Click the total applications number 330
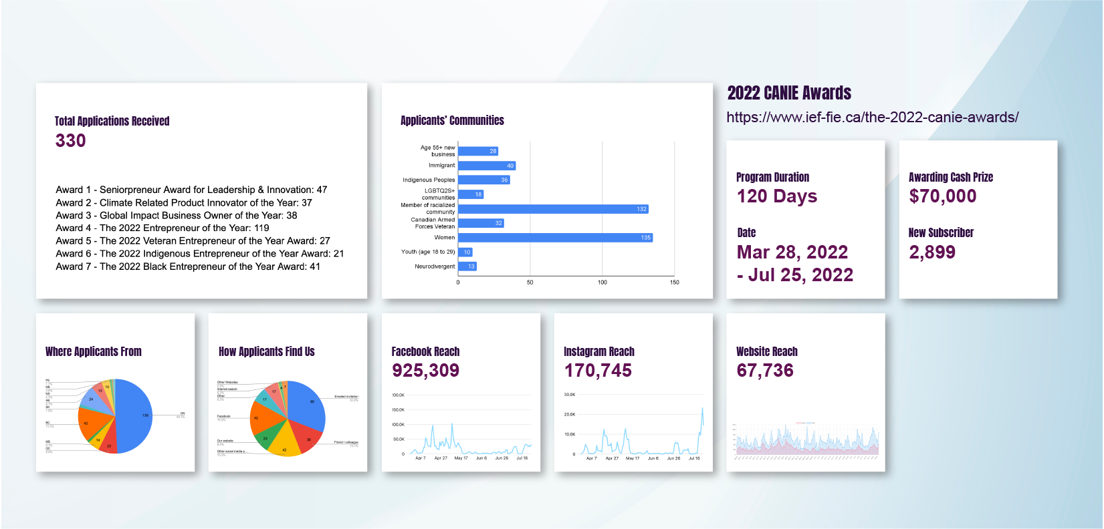click(70, 141)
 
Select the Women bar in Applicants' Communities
click(555, 238)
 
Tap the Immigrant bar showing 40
click(487, 166)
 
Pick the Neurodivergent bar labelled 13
click(467, 267)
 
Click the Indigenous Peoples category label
click(429, 180)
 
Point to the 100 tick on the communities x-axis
click(602, 283)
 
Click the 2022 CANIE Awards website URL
click(872, 118)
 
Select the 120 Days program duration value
click(777, 196)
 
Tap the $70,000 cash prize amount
click(942, 196)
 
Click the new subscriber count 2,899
click(931, 252)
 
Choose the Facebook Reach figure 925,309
click(425, 371)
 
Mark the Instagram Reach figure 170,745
click(598, 371)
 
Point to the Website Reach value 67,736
click(765, 371)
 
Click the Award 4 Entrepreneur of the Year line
click(162, 228)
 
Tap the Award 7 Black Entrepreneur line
click(188, 267)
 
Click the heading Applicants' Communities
click(452, 121)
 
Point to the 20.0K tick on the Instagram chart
click(570, 415)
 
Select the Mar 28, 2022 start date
click(792, 252)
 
